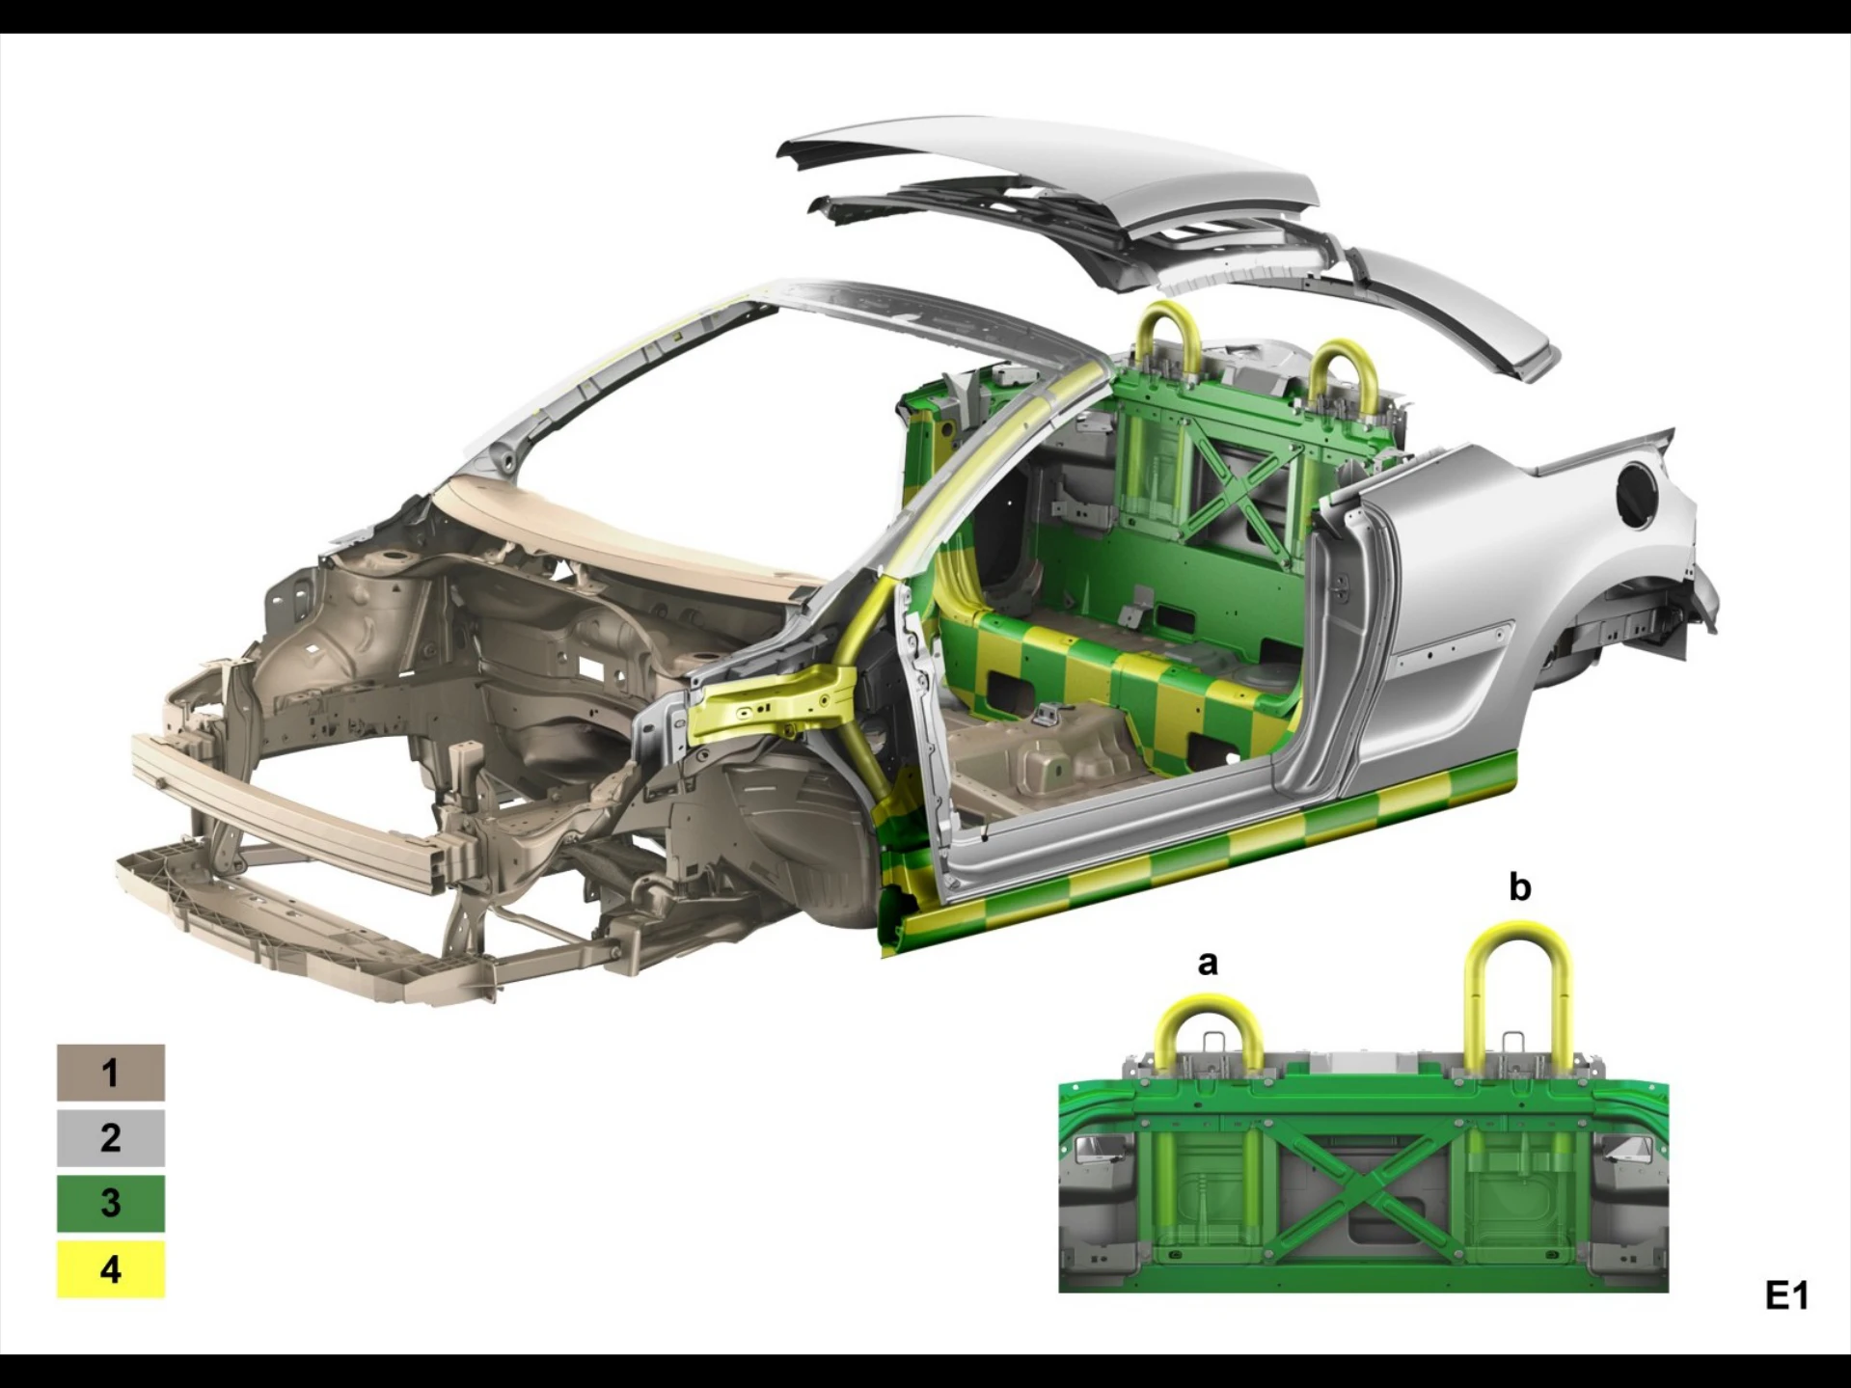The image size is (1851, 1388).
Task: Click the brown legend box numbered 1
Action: [x=111, y=1072]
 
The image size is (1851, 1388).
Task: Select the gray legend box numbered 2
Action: [x=111, y=1137]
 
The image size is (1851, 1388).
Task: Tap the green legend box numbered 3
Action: [x=111, y=1203]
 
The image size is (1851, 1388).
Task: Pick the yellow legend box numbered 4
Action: [x=111, y=1268]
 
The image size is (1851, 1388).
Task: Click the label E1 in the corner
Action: [x=1786, y=1295]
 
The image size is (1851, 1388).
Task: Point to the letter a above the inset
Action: [x=1208, y=963]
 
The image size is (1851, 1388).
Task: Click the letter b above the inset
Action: [x=1519, y=885]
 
